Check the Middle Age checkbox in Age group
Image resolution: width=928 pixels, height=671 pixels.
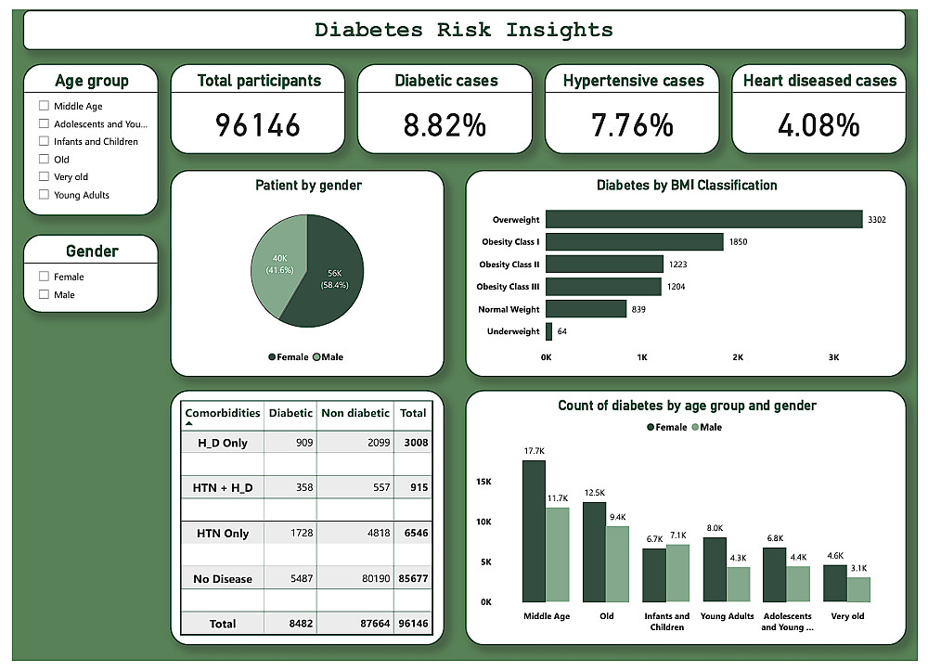44,106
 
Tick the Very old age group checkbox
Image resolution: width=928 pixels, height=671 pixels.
44,177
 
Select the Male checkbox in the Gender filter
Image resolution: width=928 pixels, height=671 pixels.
44,294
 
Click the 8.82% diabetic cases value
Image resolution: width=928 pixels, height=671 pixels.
444,124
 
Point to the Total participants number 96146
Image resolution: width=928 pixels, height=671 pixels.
258,124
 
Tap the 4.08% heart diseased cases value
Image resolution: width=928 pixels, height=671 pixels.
818,124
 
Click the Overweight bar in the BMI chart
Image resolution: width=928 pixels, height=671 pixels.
703,219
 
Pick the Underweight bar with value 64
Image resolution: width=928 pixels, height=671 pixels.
548,331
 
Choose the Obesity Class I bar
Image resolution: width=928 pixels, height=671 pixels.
634,241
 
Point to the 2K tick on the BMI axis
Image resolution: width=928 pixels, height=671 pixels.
738,356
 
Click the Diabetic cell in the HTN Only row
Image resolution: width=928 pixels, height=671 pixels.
291,534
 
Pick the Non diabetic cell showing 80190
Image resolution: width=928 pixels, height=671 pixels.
354,578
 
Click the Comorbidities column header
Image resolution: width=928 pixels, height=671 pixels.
223,413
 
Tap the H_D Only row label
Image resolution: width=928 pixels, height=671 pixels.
223,443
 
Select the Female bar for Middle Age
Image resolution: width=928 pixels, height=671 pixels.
534,531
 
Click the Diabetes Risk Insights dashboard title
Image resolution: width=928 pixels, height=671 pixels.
464,30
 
